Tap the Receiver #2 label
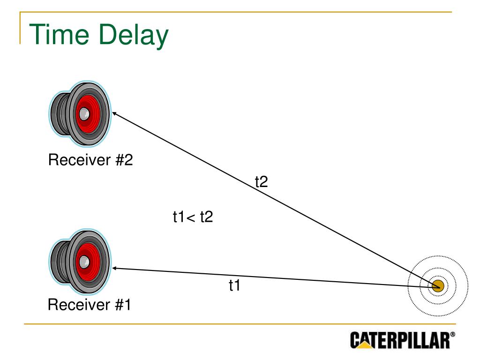(x=90, y=160)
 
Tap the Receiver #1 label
(x=90, y=305)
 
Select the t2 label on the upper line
(x=261, y=181)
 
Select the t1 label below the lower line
(x=234, y=285)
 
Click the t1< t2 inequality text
(x=193, y=217)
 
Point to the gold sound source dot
(x=438, y=286)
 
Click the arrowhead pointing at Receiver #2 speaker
(x=113, y=113)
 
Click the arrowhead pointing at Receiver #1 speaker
(x=113, y=268)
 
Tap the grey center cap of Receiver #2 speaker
(x=84, y=113)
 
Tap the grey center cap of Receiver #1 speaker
(x=84, y=261)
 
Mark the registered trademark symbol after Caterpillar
(x=452, y=335)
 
